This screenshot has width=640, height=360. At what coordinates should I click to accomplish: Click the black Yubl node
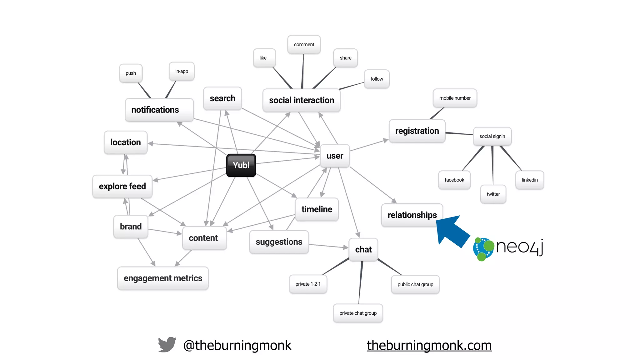click(x=241, y=165)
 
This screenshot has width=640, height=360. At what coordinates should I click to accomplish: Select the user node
click(x=335, y=156)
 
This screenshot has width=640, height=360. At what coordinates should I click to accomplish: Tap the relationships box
click(x=412, y=215)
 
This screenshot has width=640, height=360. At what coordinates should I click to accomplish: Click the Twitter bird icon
click(x=167, y=345)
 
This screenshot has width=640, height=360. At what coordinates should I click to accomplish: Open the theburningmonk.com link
click(x=429, y=345)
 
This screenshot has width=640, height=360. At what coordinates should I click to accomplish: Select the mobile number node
click(x=455, y=98)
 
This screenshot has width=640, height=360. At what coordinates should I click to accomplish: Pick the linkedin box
click(x=530, y=180)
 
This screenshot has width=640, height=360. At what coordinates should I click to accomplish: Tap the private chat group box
click(x=358, y=313)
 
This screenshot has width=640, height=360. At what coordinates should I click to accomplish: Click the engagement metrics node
click(x=163, y=278)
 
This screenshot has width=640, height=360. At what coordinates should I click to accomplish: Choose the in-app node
click(x=182, y=71)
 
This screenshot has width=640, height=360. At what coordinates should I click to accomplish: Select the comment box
click(x=304, y=45)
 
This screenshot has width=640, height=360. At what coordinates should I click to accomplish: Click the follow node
click(x=377, y=79)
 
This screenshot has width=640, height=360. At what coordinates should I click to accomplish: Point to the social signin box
click(x=492, y=136)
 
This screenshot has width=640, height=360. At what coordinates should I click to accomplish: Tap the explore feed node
click(x=122, y=186)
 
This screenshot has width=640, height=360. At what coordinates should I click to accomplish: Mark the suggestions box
click(x=279, y=242)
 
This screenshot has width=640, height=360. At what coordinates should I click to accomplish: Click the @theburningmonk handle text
click(x=237, y=345)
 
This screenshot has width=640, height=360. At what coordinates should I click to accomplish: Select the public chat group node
click(x=415, y=284)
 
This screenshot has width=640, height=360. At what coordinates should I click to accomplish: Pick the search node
click(x=222, y=98)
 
